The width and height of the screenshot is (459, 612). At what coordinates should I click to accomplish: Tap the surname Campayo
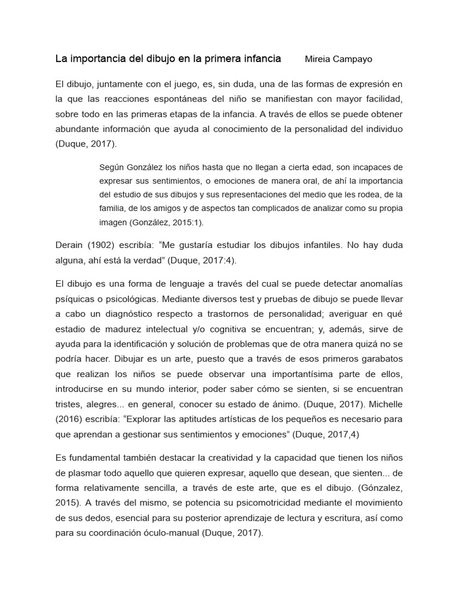357,59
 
